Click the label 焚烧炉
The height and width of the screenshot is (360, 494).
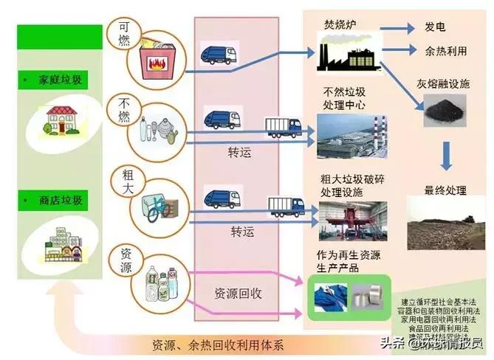point(338,24)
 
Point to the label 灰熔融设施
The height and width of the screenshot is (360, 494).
point(443,84)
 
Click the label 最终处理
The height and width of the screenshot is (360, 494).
point(445,190)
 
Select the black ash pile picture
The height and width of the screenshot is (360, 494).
point(442,114)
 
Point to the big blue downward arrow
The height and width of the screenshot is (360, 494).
point(446,156)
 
